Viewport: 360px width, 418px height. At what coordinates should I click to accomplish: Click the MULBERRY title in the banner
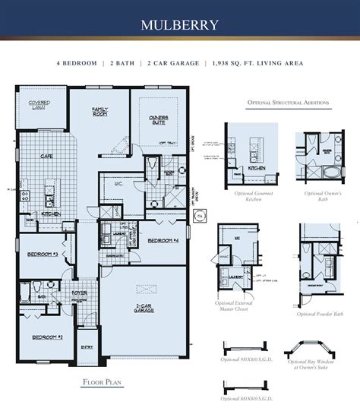pyautogui.click(x=180, y=25)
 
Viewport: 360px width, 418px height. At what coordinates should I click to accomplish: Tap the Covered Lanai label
pyautogui.click(x=39, y=104)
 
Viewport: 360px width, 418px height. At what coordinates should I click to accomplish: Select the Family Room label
pyautogui.click(x=99, y=112)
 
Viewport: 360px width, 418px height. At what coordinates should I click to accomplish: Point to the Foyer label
pyautogui.click(x=80, y=291)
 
